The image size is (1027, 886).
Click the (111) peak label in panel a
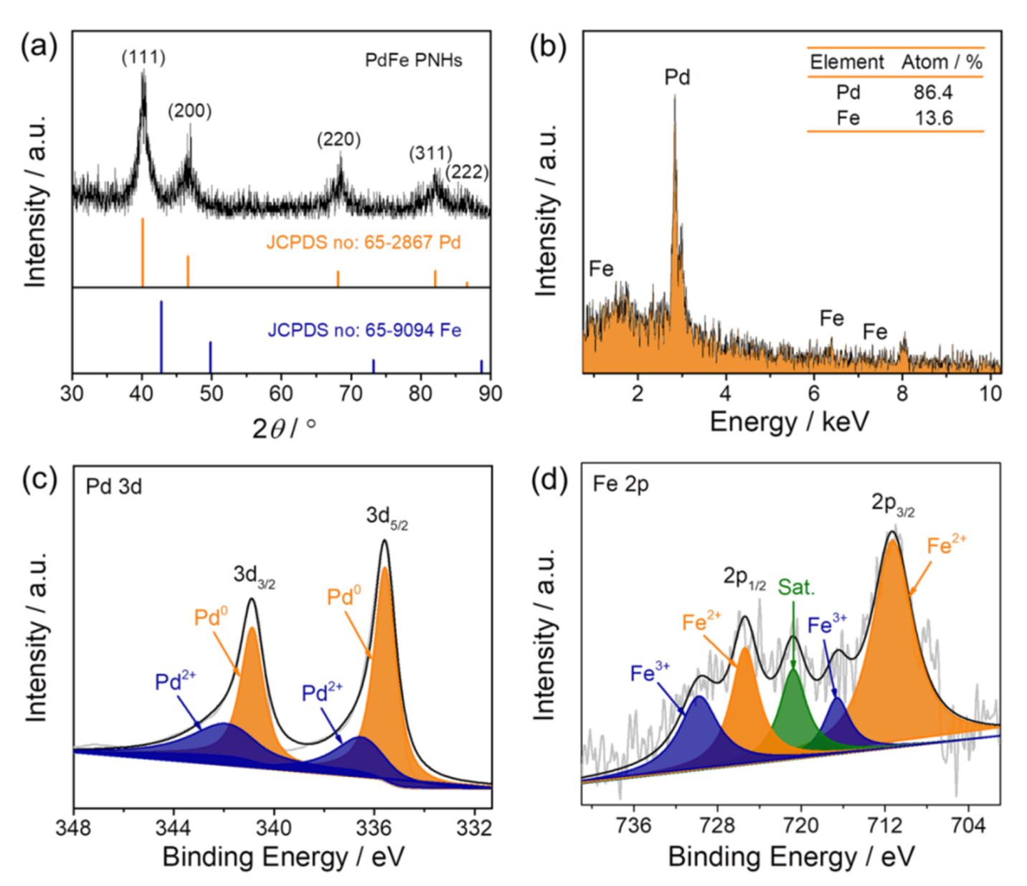point(143,57)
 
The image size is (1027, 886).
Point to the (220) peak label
point(339,139)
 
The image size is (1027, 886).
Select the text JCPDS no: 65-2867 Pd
point(363,242)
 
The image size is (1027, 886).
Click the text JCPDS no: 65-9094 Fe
point(364,330)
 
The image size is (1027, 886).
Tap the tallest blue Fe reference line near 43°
point(161,337)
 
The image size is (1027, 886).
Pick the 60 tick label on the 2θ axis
point(281,394)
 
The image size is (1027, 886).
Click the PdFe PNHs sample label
point(413,60)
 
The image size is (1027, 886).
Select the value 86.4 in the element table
point(932,92)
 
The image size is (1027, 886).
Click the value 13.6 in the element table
point(933,118)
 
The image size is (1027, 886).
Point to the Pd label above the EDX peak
point(677,77)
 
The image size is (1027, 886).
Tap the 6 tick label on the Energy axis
point(814,394)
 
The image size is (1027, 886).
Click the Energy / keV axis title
point(789,422)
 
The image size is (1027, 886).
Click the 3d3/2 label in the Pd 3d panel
point(254,576)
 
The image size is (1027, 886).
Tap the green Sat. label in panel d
point(796,588)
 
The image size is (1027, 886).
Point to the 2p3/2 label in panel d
point(893,505)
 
